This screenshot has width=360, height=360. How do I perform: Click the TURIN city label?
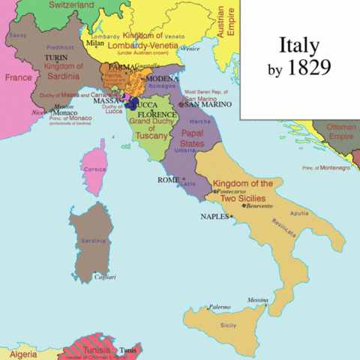coord(55,57)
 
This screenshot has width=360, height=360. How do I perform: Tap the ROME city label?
coord(168,180)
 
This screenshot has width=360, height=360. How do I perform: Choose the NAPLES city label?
coord(214,216)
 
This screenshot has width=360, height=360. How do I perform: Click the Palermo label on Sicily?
coord(219,307)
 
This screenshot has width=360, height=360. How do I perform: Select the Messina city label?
coord(258,298)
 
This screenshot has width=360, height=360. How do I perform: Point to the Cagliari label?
coord(105,277)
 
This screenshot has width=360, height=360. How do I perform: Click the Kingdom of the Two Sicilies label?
coord(242,189)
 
